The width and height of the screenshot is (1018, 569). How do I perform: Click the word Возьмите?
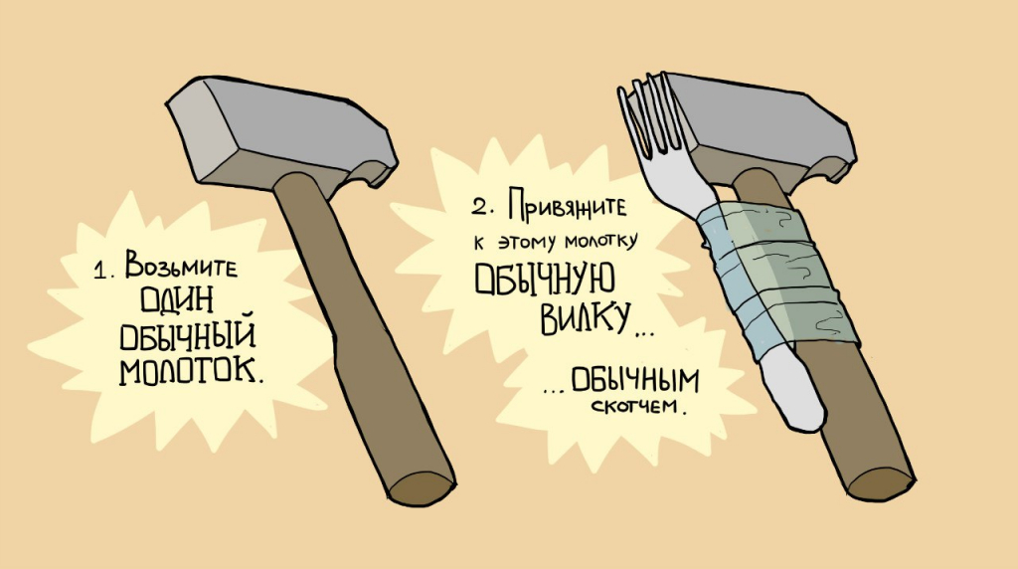click(x=182, y=265)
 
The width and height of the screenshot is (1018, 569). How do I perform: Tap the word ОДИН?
click(x=177, y=300)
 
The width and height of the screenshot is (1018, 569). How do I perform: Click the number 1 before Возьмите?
click(x=100, y=271)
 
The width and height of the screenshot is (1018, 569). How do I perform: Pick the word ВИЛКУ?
click(x=586, y=317)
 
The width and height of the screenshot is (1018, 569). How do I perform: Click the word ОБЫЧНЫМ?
click(x=634, y=381)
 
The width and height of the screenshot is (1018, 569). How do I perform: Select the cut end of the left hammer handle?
click(x=421, y=487)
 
